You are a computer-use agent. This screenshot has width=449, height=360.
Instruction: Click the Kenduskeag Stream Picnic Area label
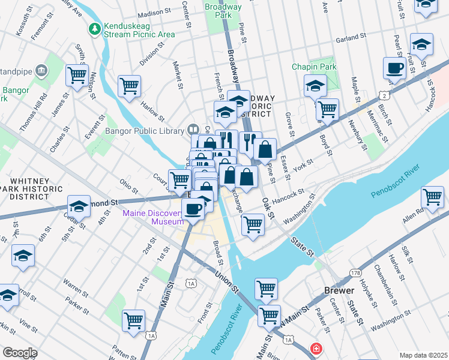click(139, 31)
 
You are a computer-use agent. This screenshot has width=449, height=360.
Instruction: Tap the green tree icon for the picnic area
click(94, 28)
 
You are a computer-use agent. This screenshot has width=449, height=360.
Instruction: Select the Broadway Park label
click(223, 11)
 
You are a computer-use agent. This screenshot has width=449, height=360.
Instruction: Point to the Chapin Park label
click(312, 67)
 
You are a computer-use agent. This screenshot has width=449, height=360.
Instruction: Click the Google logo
click(20, 353)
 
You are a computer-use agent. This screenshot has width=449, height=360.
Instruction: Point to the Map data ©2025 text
click(423, 355)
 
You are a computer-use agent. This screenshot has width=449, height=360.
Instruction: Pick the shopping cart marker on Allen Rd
click(432, 196)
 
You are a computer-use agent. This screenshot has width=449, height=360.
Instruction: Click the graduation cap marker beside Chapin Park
click(315, 86)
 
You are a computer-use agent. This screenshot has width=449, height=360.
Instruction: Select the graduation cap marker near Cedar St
click(79, 207)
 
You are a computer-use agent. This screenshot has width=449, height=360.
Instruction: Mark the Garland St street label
click(351, 38)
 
